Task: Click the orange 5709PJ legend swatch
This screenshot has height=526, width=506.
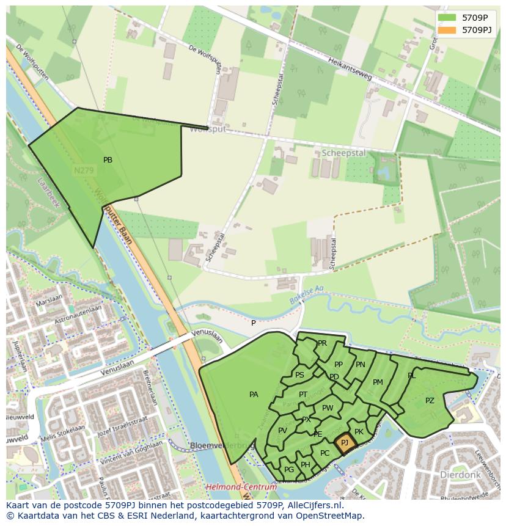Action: [x=447, y=30]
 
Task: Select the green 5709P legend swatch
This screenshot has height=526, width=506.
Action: [x=447, y=18]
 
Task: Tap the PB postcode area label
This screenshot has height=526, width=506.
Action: [x=108, y=160]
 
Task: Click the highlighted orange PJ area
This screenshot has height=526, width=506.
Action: [x=345, y=443]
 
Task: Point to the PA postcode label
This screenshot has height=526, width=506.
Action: [x=254, y=395]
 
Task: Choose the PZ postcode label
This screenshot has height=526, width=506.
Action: [x=430, y=401]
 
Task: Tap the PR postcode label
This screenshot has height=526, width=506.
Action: [x=322, y=343]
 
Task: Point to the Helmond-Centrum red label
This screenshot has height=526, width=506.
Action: [x=241, y=488]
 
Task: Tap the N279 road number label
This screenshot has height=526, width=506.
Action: [x=83, y=172]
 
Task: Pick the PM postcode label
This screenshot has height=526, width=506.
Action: [x=378, y=382]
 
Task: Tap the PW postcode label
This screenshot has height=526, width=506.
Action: [x=328, y=408]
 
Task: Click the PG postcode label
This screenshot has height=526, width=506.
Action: [x=289, y=469]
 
